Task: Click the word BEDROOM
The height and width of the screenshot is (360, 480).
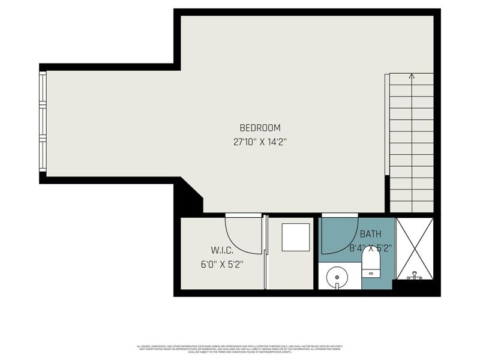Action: (x=260, y=128)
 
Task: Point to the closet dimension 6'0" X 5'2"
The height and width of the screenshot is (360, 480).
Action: (x=222, y=263)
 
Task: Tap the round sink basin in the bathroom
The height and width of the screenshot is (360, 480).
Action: (x=337, y=277)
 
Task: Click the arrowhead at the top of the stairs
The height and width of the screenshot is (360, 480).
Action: (x=412, y=76)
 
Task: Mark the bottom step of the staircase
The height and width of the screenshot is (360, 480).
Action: (x=412, y=207)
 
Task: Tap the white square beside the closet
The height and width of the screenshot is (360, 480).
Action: (x=296, y=237)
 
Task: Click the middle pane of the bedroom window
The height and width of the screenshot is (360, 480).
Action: (x=43, y=123)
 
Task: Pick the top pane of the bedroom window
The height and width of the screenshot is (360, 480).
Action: (x=43, y=88)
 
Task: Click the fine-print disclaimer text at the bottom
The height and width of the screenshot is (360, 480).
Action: (x=240, y=348)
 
